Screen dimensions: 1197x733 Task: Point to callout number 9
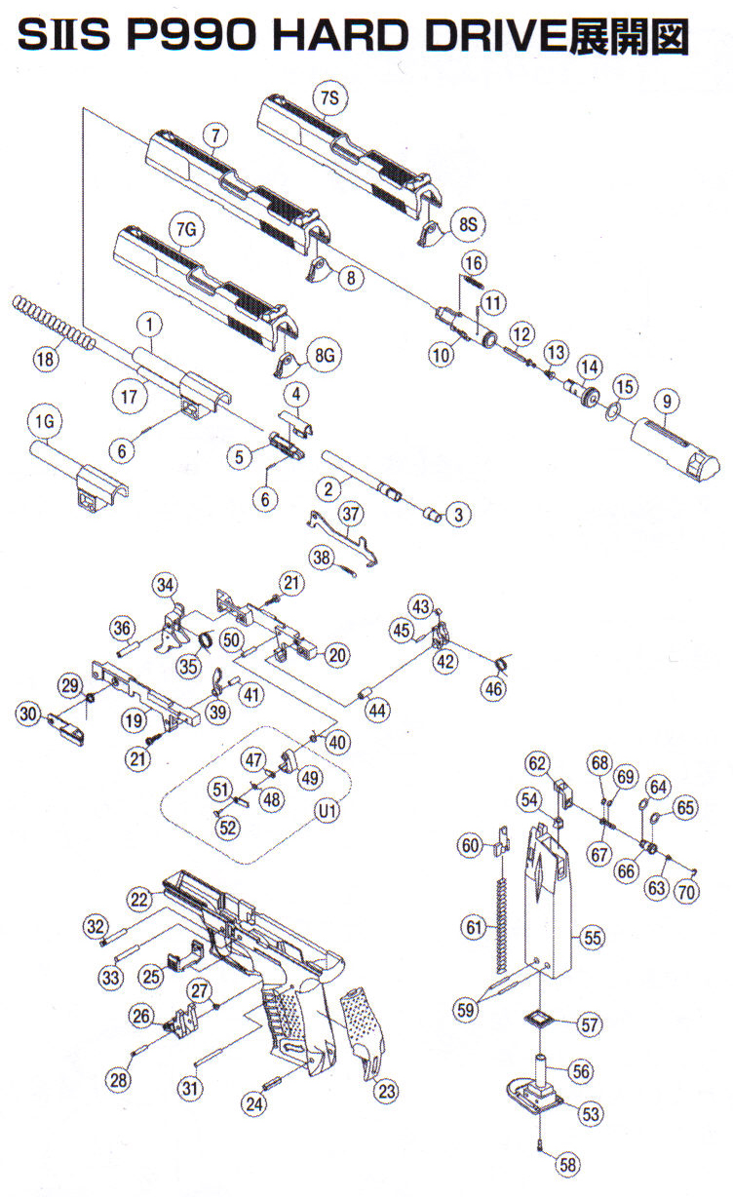(x=667, y=399)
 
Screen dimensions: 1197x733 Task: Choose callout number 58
(x=568, y=1163)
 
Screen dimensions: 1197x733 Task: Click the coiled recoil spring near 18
(x=54, y=324)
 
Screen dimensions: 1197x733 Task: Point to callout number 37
(x=350, y=513)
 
